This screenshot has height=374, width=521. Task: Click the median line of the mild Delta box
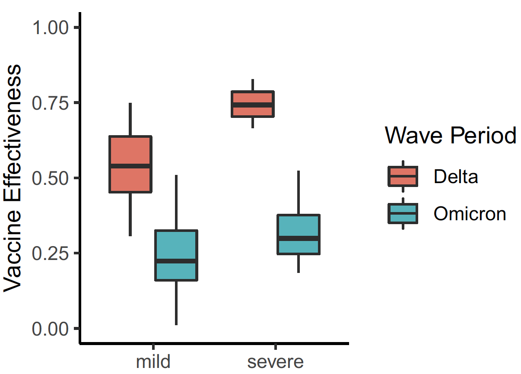130,166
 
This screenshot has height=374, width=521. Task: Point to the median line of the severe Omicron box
299,238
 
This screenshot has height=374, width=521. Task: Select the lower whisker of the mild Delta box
130,214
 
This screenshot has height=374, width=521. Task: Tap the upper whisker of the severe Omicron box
299,192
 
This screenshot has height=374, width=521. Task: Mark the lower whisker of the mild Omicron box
176,302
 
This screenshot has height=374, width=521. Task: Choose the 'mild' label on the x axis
153,361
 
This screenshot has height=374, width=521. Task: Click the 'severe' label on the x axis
276,361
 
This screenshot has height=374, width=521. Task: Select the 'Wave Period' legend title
451,136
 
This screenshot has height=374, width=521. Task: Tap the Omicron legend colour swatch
403,213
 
